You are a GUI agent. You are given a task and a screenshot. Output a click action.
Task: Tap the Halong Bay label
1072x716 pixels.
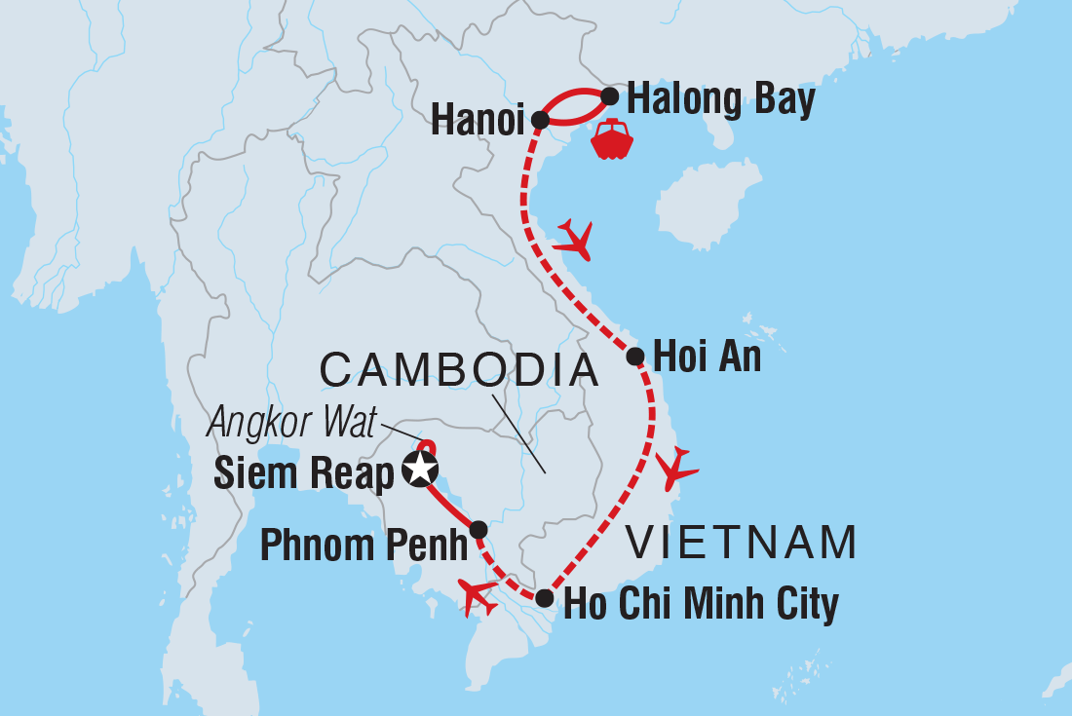[x=720, y=100]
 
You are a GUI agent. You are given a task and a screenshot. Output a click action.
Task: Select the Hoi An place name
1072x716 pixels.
[x=707, y=358]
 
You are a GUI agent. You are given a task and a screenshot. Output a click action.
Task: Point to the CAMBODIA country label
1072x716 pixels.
[x=459, y=371]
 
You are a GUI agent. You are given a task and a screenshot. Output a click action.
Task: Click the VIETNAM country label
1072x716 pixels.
[x=741, y=543]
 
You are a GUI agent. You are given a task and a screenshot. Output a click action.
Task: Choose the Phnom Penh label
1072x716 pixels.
[x=364, y=546]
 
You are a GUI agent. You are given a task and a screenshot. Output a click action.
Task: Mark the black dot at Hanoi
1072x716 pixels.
[x=540, y=120]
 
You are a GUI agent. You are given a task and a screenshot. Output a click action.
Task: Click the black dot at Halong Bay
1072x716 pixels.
[x=609, y=96]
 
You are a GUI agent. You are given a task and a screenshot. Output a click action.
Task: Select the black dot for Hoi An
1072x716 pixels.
[x=634, y=357]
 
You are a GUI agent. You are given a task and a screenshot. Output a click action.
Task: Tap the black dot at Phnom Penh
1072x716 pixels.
[x=479, y=530]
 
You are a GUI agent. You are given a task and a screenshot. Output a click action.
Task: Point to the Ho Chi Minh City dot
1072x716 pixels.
[x=545, y=598]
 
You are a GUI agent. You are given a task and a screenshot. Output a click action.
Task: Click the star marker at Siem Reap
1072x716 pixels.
[x=420, y=469]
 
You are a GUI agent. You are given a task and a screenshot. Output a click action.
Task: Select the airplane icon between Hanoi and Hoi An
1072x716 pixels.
[x=574, y=240]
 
